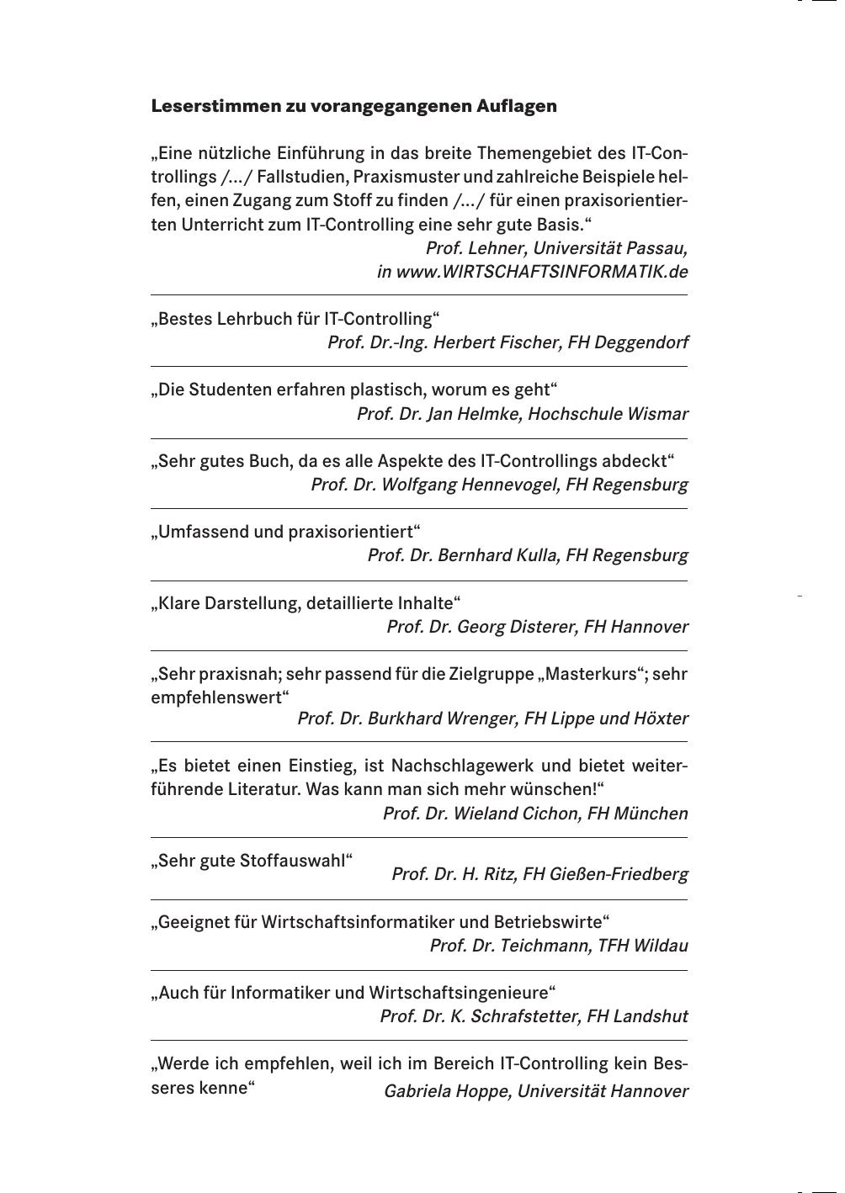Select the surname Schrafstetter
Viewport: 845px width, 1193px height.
(514, 1016)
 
